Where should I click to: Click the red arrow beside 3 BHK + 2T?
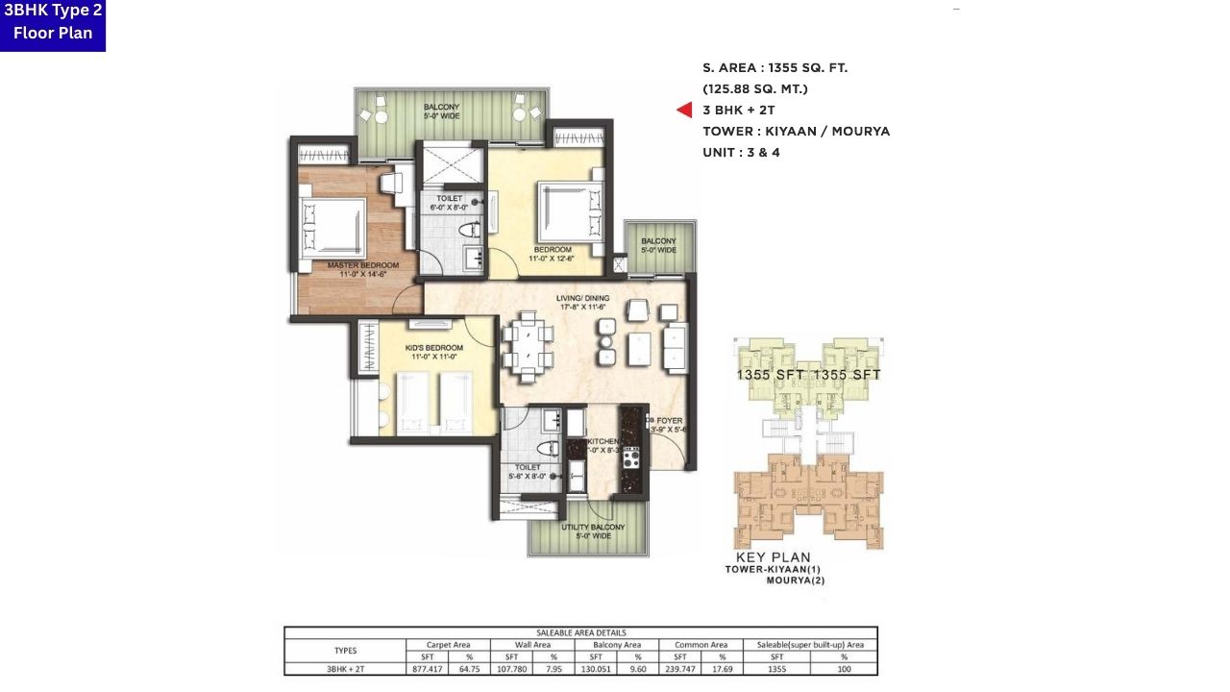684,111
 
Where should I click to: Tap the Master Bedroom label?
357,269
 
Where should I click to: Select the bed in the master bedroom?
332,226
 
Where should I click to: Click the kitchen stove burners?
631,457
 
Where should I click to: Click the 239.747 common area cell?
679,669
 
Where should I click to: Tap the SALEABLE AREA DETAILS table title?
580,632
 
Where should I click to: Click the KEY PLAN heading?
773,557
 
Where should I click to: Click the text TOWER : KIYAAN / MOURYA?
796,132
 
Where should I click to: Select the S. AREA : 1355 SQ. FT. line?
775,68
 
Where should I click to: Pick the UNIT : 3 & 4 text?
741,153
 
